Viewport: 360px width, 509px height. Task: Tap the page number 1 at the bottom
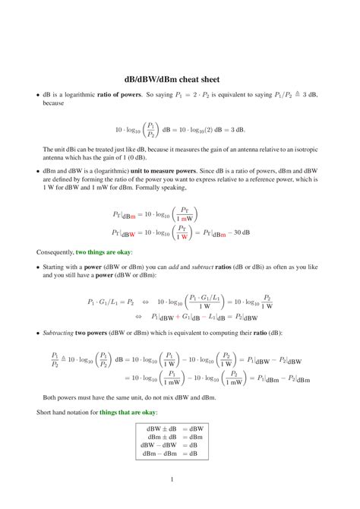(x=173, y=479)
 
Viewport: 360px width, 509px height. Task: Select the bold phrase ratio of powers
(x=135, y=95)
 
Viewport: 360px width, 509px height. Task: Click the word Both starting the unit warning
(x=51, y=397)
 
